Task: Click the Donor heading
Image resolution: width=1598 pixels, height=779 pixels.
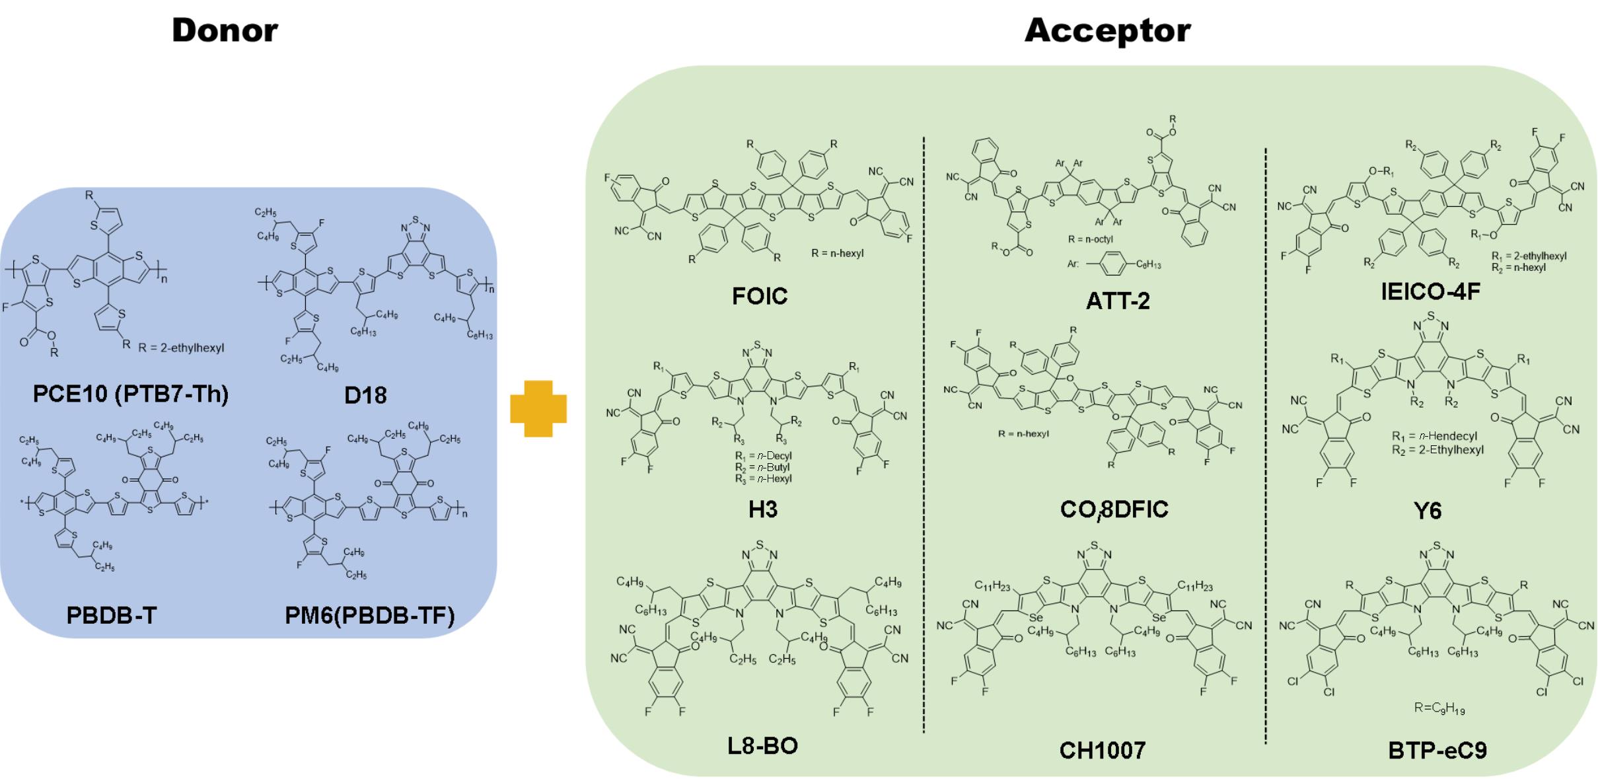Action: [x=225, y=31]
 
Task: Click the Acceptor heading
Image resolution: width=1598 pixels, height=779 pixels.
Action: [x=1107, y=31]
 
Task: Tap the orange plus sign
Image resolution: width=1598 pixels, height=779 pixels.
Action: [x=538, y=408]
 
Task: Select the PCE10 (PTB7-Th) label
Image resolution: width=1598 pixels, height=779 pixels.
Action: [x=131, y=394]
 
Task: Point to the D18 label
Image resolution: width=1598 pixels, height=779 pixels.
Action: [x=365, y=395]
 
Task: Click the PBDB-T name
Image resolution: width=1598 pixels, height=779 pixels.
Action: [x=111, y=615]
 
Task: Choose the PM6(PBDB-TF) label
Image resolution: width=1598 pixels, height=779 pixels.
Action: [x=370, y=615]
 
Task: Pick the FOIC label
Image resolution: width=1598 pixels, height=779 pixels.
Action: [x=760, y=296]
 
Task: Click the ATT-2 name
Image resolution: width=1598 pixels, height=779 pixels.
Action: [x=1118, y=301]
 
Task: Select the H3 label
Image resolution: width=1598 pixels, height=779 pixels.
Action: [x=762, y=509]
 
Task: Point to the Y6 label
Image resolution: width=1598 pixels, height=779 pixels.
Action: [x=1428, y=511]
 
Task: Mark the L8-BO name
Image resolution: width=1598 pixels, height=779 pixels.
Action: [x=762, y=746]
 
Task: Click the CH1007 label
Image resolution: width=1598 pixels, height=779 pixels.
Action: [x=1103, y=750]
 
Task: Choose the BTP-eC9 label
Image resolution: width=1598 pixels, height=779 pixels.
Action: [x=1437, y=751]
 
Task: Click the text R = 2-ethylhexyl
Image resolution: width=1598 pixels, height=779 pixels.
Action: [x=182, y=348]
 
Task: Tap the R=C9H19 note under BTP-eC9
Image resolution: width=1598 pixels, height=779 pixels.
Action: [x=1440, y=708]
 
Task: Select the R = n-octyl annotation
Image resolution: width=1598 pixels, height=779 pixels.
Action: [x=1091, y=239]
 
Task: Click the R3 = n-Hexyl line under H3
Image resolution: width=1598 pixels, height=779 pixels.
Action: [x=763, y=478]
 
